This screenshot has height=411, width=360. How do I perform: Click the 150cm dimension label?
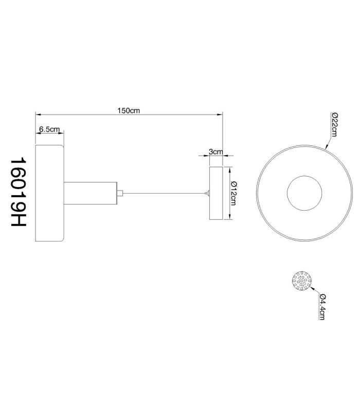[x=128, y=110]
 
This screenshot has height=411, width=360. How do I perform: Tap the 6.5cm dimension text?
[x=49, y=129]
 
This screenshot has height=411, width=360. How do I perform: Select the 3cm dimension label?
[x=215, y=152]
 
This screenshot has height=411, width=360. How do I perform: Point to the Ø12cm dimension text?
[x=233, y=193]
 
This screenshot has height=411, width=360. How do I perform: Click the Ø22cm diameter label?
[x=335, y=125]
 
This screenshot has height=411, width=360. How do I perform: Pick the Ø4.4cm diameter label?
[x=322, y=307]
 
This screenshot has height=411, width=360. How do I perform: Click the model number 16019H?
[x=19, y=192]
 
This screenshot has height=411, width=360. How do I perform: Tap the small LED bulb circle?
[x=302, y=281]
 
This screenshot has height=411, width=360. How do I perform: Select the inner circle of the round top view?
[x=304, y=176]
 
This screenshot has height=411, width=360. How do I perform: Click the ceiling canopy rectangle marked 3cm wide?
[x=216, y=193]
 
